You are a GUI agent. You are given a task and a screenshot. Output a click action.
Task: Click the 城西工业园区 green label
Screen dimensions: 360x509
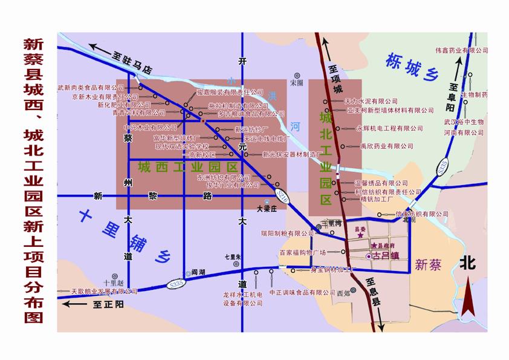pyautogui.click(x=187, y=166)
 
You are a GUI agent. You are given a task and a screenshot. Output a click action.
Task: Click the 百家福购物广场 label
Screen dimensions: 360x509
pyautogui.click(x=302, y=252)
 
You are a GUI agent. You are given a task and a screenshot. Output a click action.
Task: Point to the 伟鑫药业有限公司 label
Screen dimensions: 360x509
pyautogui.click(x=457, y=51)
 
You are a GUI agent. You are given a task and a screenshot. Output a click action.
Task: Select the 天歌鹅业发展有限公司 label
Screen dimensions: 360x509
pyautogui.click(x=104, y=291)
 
